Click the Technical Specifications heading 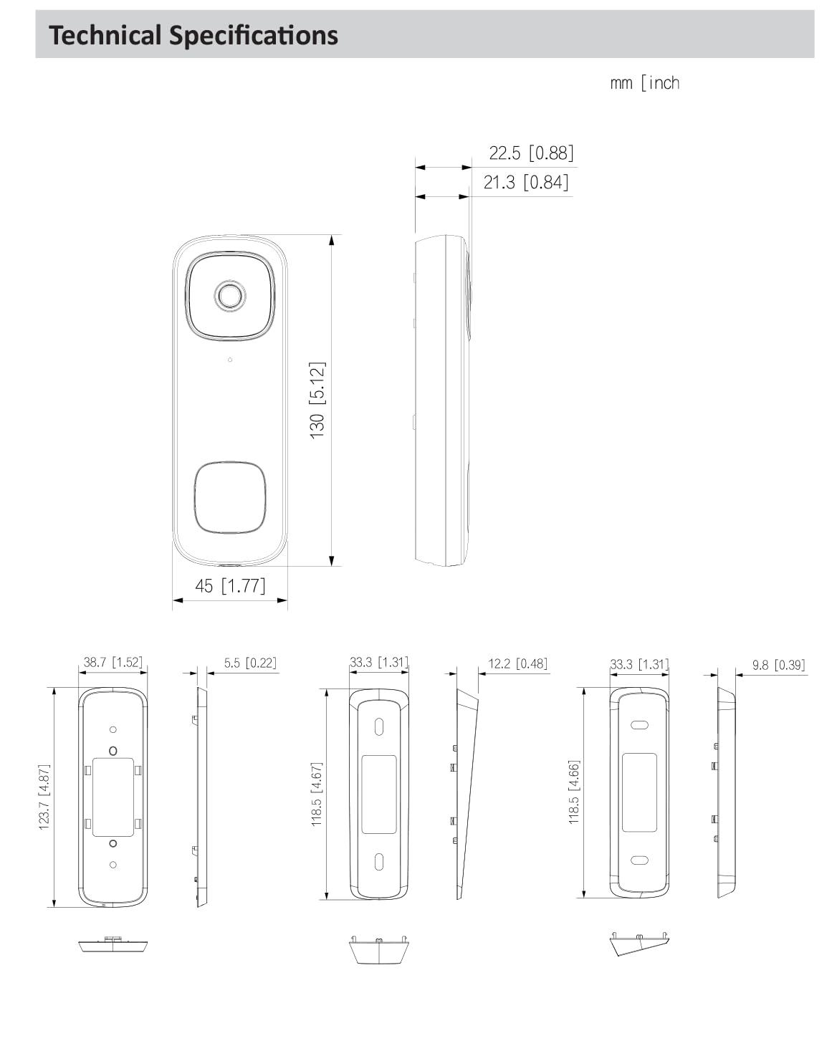[x=193, y=34]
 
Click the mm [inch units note [x=644, y=83]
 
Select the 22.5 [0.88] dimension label [x=531, y=153]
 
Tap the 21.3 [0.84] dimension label [x=525, y=182]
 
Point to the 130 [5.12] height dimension [x=317, y=400]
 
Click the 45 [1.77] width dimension [x=230, y=586]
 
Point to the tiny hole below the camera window [x=230, y=360]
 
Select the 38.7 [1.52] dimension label [x=113, y=662]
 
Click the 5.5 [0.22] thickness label [x=249, y=663]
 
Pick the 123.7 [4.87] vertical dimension [x=44, y=797]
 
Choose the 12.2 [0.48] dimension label [x=517, y=663]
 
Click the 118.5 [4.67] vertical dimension [x=317, y=794]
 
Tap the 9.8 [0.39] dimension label [x=778, y=665]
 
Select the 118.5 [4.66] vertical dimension [x=574, y=792]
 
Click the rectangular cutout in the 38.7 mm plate [x=113, y=796]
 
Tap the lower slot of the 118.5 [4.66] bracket [x=638, y=860]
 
